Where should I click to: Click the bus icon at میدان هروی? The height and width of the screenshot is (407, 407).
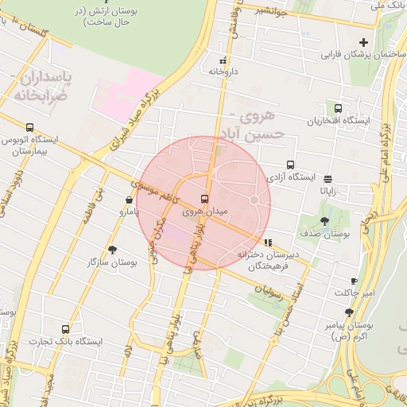(205, 199)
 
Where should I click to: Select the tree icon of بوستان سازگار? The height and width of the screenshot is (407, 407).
(112, 249)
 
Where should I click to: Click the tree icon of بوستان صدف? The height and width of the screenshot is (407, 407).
(324, 221)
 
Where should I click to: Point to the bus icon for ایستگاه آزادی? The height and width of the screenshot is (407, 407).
(290, 165)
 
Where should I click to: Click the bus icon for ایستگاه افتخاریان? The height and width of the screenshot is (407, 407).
(339, 108)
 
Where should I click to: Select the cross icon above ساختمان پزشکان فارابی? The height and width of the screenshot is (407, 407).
(364, 42)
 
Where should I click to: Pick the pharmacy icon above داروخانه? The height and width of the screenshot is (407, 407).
(223, 60)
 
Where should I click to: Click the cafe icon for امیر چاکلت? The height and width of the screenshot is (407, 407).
(354, 281)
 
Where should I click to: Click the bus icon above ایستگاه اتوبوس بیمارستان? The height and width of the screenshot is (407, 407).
(30, 127)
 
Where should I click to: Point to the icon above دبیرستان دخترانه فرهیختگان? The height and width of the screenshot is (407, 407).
(268, 242)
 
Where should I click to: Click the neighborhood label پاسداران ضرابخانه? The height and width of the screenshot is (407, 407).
(46, 87)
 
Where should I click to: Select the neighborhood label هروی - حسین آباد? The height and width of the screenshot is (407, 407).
(254, 126)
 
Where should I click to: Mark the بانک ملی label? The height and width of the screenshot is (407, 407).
(389, 6)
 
